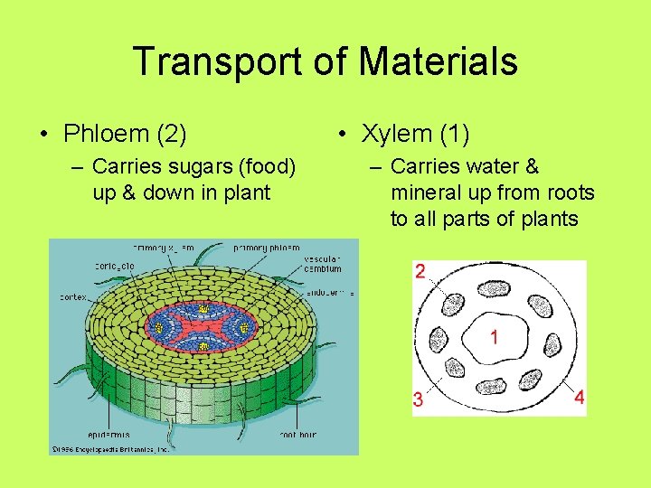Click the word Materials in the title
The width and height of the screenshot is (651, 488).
pos(438,62)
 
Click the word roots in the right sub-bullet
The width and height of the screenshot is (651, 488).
pos(564,192)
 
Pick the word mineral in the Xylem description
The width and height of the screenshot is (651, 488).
pos(425,192)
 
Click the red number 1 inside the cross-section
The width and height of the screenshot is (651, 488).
pos(495,337)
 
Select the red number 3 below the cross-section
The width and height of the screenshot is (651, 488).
pos(419,399)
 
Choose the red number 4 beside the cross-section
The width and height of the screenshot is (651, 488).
pos(579,397)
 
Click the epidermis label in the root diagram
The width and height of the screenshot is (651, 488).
pos(109,435)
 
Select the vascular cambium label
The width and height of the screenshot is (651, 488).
pos(323,264)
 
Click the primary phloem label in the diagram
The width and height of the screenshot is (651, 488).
pos(268,247)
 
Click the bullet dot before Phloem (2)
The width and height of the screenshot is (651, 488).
pos(44,135)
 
